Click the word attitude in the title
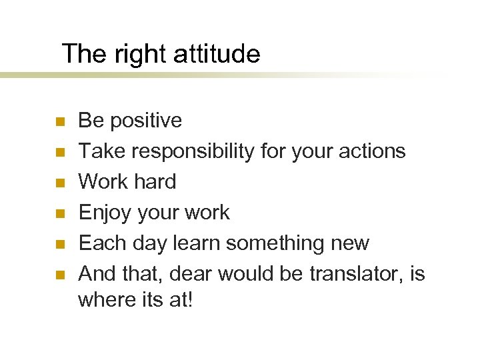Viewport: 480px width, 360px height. [x=216, y=54]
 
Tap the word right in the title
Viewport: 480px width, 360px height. [x=139, y=54]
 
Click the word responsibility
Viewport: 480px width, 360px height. [x=193, y=152]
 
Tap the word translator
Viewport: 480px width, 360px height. [x=344, y=274]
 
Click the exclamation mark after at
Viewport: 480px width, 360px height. [x=190, y=300]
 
